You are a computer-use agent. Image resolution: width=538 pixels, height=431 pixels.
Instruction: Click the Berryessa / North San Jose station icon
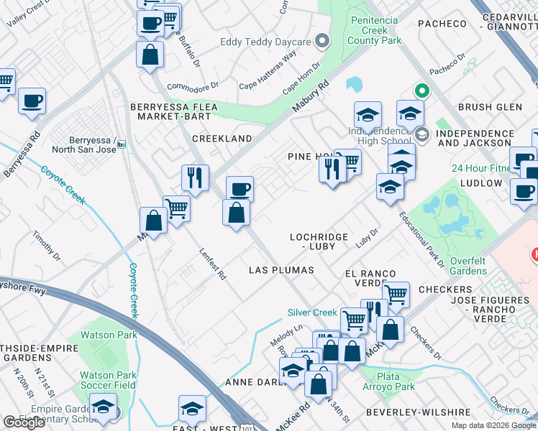tap(122, 144)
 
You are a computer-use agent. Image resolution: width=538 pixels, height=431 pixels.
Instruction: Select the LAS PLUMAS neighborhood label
tap(281, 270)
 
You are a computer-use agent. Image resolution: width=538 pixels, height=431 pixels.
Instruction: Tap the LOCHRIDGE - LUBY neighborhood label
tap(319, 241)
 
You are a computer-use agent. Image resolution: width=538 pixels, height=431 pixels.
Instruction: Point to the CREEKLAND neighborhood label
tap(222, 139)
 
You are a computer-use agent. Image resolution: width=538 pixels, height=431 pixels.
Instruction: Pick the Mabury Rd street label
tap(310, 96)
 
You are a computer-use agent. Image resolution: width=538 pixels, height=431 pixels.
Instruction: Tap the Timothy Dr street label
tap(47, 245)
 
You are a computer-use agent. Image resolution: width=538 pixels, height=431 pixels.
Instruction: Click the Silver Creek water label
tap(312, 312)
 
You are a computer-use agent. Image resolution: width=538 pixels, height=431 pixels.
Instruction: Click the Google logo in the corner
tap(24, 422)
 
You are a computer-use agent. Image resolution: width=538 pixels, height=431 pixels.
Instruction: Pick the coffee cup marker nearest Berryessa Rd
tap(32, 101)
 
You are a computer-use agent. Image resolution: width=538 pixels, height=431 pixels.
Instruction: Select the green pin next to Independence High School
tap(421, 91)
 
